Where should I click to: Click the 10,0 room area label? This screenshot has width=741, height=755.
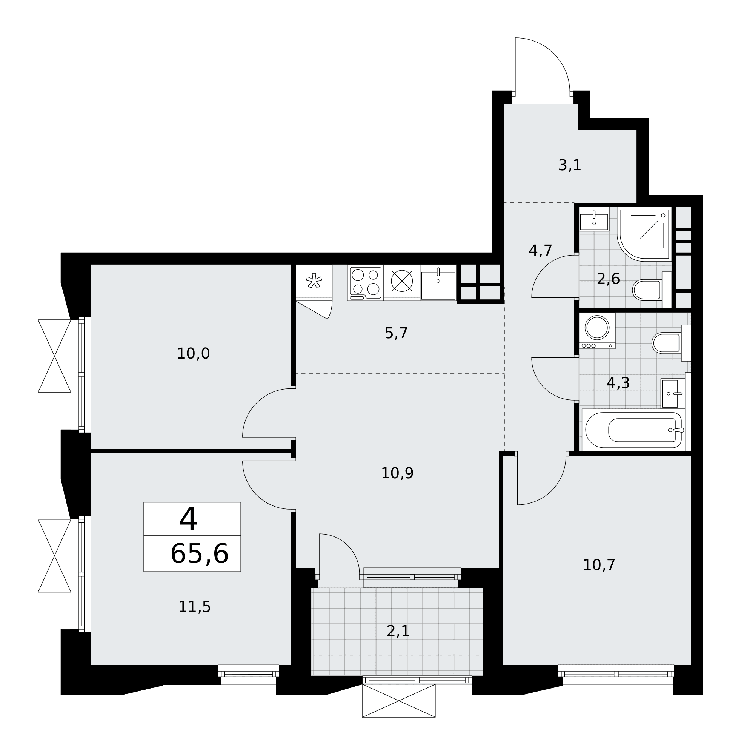click(x=194, y=354)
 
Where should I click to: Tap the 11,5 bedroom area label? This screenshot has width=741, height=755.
click(x=195, y=607)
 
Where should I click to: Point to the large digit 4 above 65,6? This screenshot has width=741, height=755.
click(x=188, y=519)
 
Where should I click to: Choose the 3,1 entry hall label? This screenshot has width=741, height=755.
click(x=570, y=165)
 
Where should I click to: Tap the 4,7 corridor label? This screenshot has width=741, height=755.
click(x=541, y=250)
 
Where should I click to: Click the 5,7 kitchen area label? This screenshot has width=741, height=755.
click(x=396, y=333)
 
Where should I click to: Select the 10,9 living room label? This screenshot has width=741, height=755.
click(x=397, y=473)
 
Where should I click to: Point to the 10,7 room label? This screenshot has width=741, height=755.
click(x=599, y=565)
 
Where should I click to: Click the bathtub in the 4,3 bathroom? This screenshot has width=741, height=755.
click(x=633, y=430)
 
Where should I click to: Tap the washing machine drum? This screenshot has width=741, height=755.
click(x=597, y=327)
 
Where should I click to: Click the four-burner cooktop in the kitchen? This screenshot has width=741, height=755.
click(x=366, y=283)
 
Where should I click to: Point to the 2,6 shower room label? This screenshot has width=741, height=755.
click(x=608, y=279)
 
